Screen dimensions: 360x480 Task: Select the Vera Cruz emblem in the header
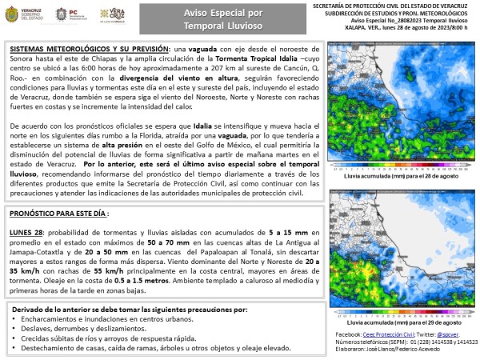[x=111, y=15]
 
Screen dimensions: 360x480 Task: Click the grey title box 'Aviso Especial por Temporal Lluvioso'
[x=210, y=18]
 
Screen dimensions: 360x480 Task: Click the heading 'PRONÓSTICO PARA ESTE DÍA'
[x=59, y=214]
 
